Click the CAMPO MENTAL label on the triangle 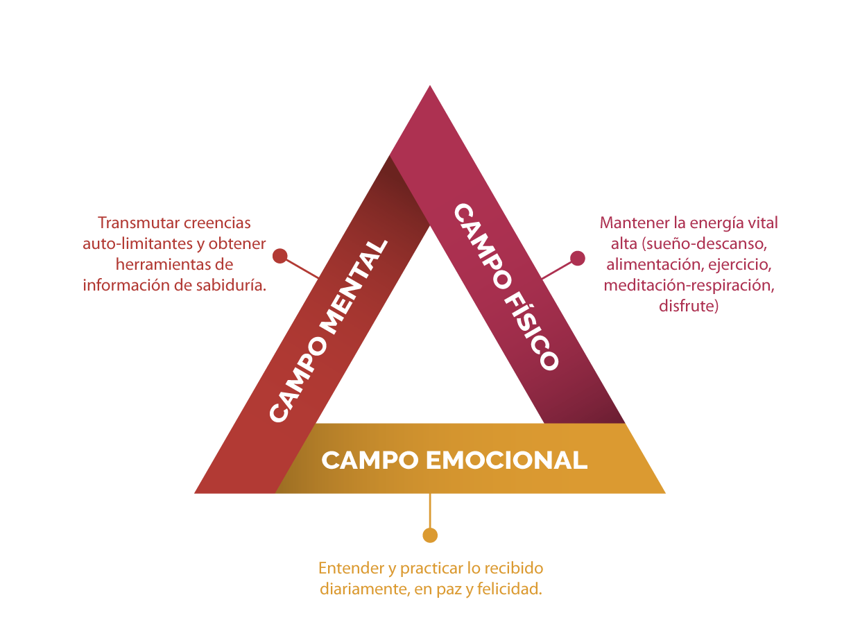tap(328, 331)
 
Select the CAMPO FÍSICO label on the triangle tap(506, 286)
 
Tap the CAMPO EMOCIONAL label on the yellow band tap(454, 460)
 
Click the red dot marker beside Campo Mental tap(279, 256)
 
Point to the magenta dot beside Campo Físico tap(577, 259)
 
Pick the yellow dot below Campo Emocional tap(430, 535)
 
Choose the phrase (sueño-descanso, tap(705, 244)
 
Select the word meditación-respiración tap(689, 285)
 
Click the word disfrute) tap(689, 306)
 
